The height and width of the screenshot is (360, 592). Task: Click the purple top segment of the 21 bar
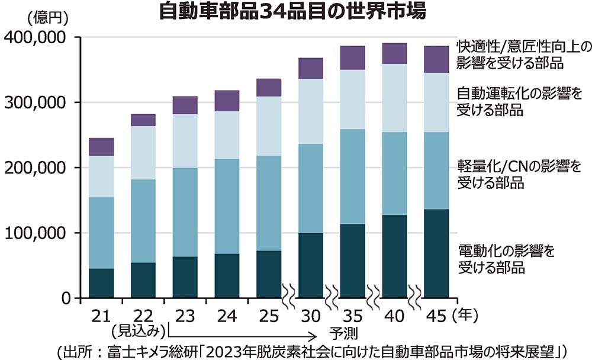(101, 147)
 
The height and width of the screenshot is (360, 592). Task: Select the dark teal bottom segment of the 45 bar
(436, 253)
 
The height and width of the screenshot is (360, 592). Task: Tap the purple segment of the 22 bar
(143, 120)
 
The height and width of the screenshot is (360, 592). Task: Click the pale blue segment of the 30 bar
(311, 111)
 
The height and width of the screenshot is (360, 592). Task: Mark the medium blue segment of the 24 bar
(227, 206)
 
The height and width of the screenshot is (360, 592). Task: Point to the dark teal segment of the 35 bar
(353, 261)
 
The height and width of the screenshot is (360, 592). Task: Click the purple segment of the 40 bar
(394, 53)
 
